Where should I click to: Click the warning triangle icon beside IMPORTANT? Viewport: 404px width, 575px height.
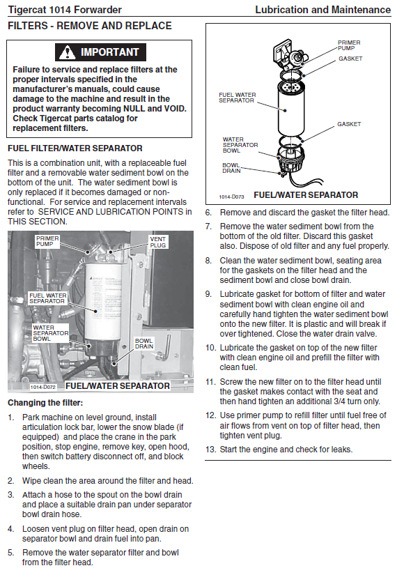coord(67,52)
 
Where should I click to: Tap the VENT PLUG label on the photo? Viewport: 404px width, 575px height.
coord(157,242)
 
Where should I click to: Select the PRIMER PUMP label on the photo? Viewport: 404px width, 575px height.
coord(47,241)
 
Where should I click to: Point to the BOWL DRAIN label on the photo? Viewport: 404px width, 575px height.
coord(144,344)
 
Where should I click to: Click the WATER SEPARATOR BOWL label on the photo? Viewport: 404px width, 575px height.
coord(51,333)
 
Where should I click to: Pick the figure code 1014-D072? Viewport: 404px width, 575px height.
coord(43,387)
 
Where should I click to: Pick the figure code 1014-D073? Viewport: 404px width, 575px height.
coord(231,197)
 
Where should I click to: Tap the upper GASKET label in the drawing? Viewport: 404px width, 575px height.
coord(350,59)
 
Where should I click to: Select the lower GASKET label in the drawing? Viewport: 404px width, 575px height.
coord(349,124)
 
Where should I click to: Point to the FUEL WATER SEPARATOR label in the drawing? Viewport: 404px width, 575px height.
coord(238,98)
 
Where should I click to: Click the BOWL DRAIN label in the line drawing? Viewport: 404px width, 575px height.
coord(231,168)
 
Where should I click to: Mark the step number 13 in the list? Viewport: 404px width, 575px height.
coord(210,450)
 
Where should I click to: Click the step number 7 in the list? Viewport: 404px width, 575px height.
coord(208,227)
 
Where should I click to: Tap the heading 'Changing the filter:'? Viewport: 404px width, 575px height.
coord(45,403)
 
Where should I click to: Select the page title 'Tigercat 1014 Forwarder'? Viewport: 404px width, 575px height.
coord(65,10)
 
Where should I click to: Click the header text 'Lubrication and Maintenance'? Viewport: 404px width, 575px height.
coord(323,10)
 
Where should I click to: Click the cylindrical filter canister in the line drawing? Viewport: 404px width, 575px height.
coord(290,108)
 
